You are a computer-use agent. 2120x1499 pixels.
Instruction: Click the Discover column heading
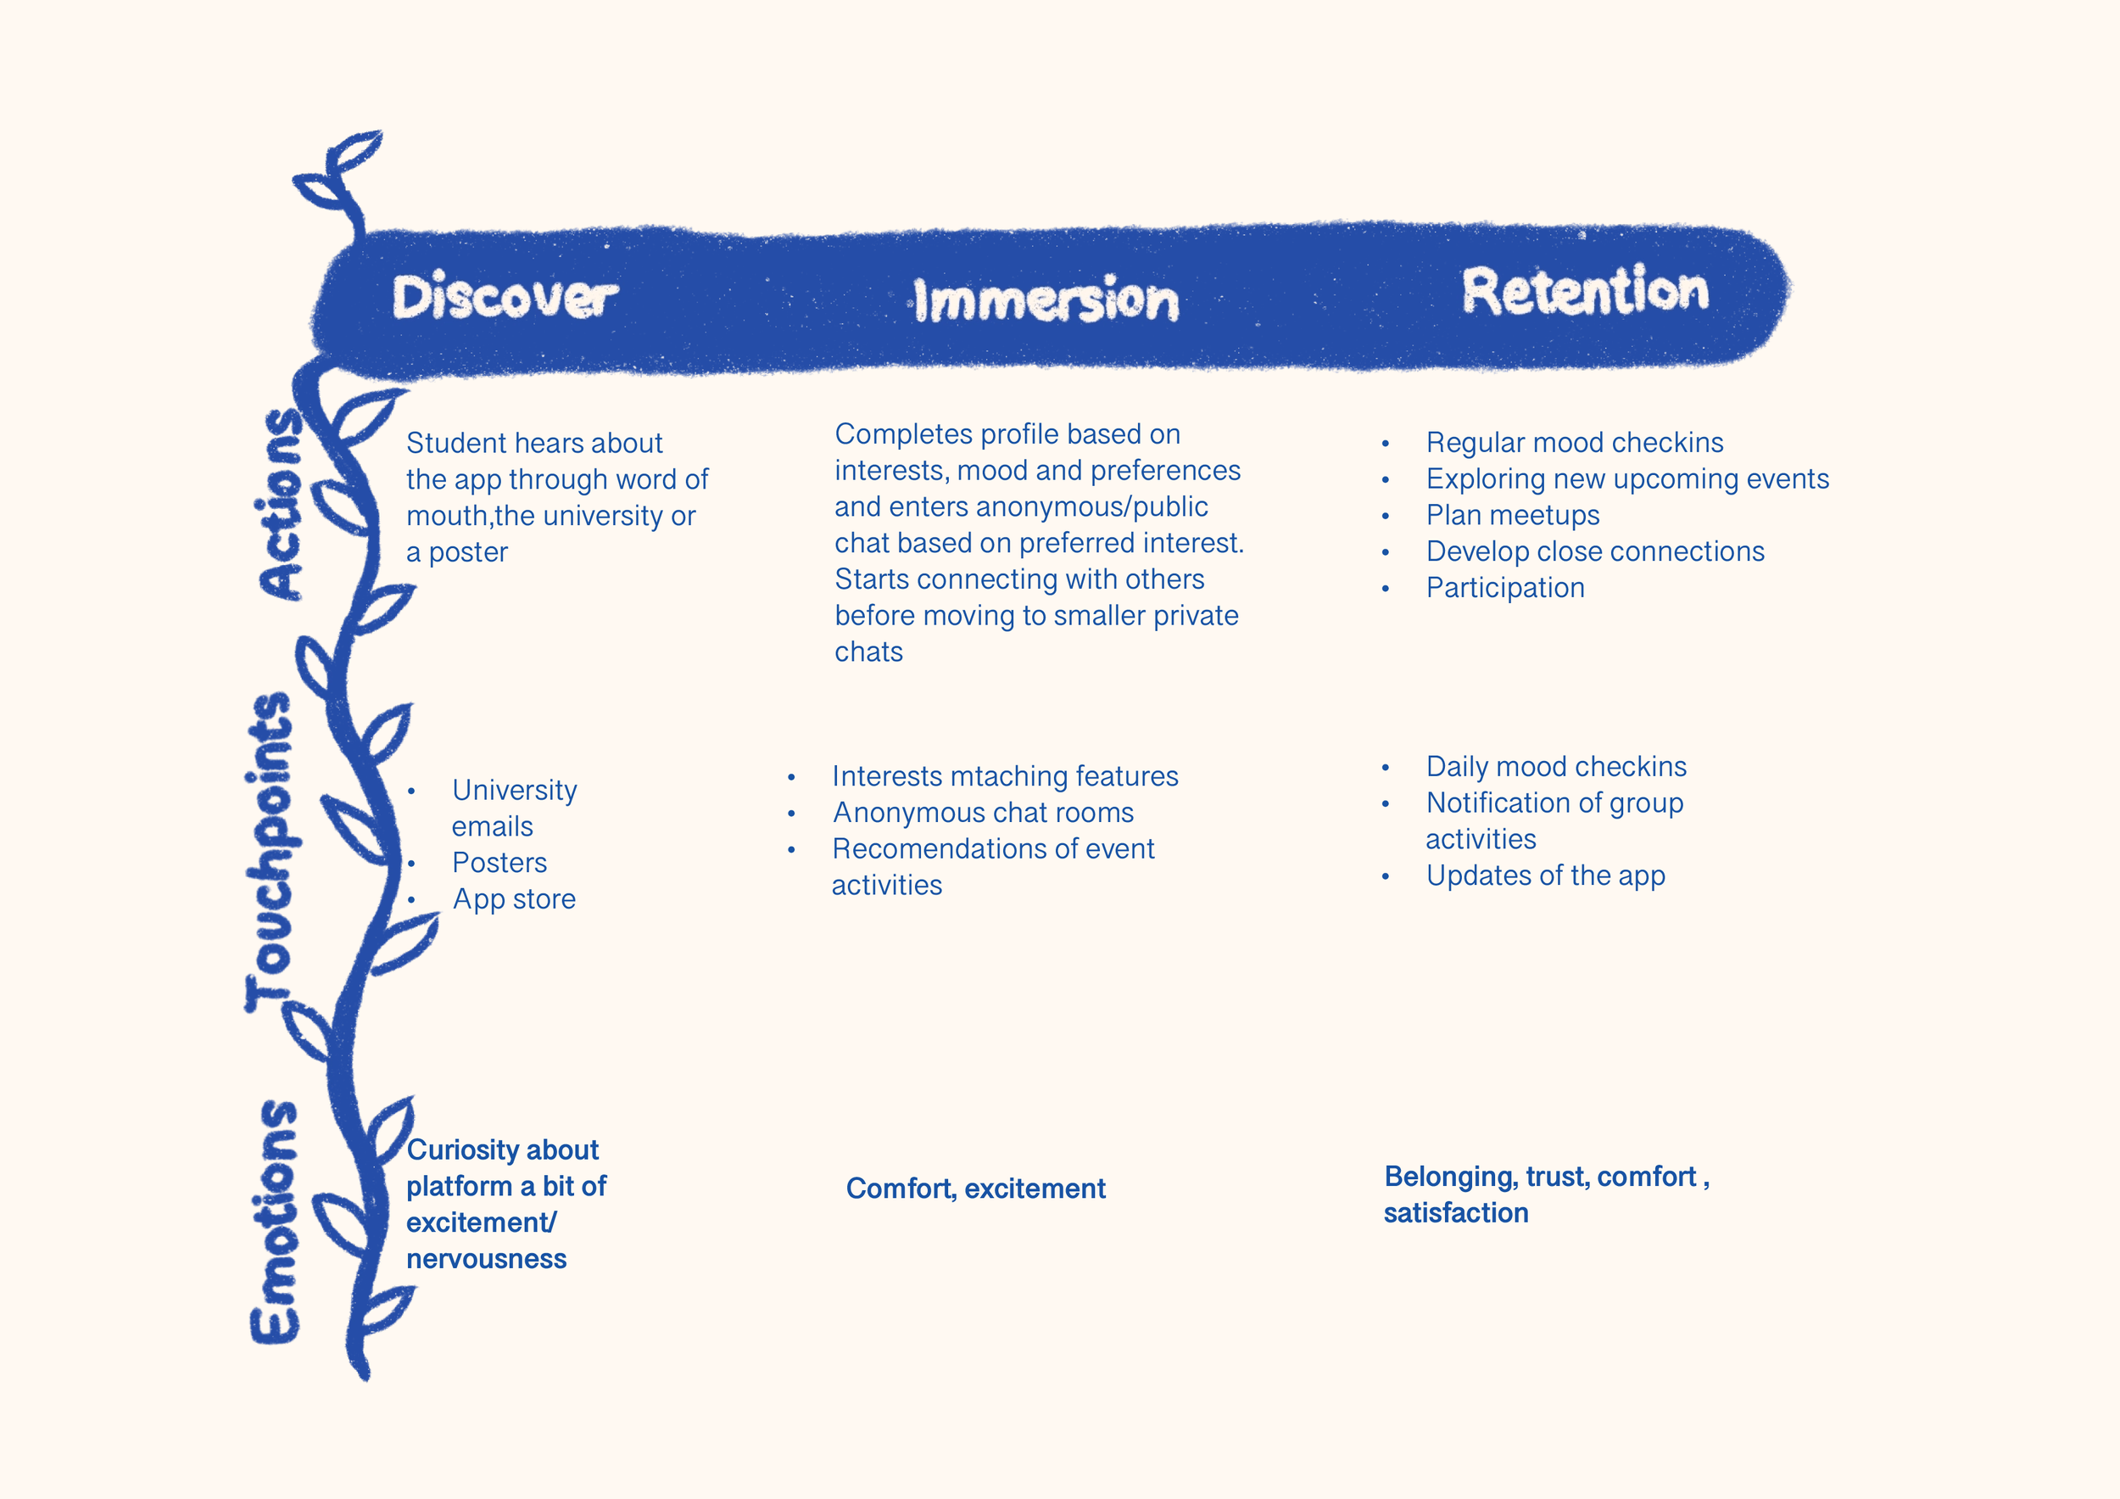[x=505, y=298]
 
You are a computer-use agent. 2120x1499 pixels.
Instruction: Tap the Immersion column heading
[x=1046, y=301]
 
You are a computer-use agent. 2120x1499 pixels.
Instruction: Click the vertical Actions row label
[x=280, y=504]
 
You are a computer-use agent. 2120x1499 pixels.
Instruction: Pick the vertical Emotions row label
[x=275, y=1221]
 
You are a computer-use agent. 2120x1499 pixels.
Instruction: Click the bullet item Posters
[x=499, y=863]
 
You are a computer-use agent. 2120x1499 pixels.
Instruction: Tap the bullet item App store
[x=513, y=898]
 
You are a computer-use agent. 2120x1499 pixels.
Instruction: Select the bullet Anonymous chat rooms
[x=983, y=813]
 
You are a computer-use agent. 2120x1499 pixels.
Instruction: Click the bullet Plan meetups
[x=1513, y=516]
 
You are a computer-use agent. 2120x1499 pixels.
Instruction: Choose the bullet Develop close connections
[x=1594, y=551]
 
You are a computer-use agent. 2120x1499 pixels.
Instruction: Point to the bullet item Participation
[x=1505, y=589]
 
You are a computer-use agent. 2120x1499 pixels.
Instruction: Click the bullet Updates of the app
[x=1545, y=875]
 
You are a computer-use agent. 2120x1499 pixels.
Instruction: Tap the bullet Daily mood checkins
[x=1556, y=767]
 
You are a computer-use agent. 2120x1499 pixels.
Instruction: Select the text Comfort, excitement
[x=975, y=1189]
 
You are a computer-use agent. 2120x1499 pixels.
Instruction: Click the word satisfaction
[x=1455, y=1212]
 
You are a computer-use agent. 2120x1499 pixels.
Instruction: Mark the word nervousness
[x=486, y=1259]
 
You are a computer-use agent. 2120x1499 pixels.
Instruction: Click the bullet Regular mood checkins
[x=1574, y=442]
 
